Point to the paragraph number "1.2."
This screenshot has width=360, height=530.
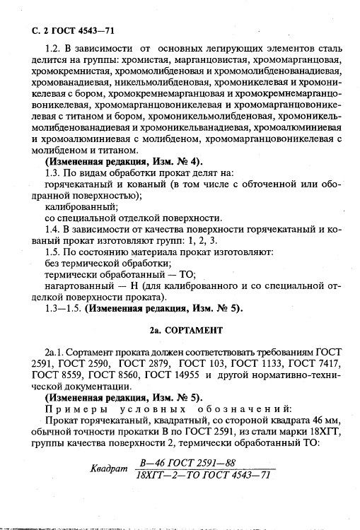(54, 49)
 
